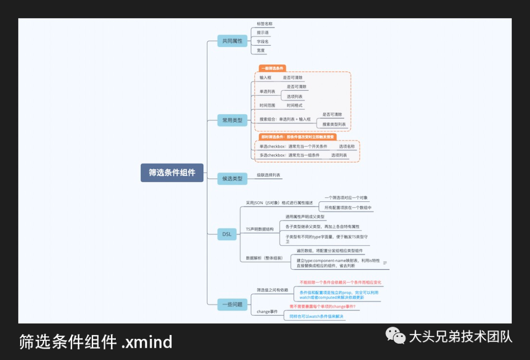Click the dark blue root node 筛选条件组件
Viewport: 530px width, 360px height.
pyautogui.click(x=172, y=172)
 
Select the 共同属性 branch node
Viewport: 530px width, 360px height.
pyautogui.click(x=232, y=41)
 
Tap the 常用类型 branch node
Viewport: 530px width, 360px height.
pyautogui.click(x=232, y=120)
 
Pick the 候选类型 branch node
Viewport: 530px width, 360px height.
pyautogui.click(x=232, y=178)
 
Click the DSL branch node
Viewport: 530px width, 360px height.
pyautogui.click(x=227, y=234)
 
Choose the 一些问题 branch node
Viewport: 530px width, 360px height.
pyautogui.click(x=232, y=304)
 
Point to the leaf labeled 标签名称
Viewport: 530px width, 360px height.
pyautogui.click(x=265, y=24)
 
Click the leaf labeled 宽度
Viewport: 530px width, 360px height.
pyautogui.click(x=261, y=50)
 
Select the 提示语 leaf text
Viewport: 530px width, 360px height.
pyautogui.click(x=263, y=32)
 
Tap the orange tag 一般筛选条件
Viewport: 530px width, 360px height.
pyautogui.click(x=272, y=68)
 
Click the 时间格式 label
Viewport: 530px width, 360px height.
pyautogui.click(x=294, y=105)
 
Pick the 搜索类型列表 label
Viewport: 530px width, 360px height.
pyautogui.click(x=334, y=124)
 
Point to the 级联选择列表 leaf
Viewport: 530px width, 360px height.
pyautogui.click(x=268, y=175)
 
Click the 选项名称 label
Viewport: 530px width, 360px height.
pyautogui.click(x=346, y=146)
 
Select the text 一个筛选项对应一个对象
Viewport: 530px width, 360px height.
pyautogui.click(x=346, y=197)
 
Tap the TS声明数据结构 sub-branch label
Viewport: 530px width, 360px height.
pyautogui.click(x=260, y=229)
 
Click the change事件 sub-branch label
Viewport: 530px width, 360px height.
pyautogui.click(x=267, y=311)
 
